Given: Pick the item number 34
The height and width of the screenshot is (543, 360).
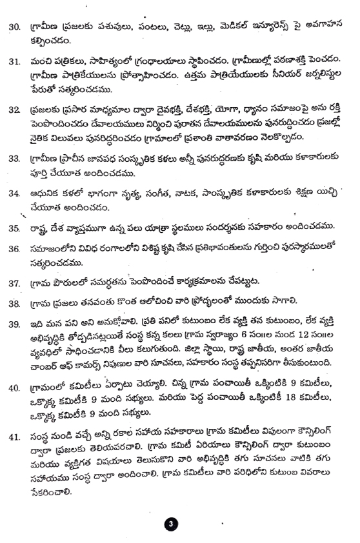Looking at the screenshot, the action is point(14,193).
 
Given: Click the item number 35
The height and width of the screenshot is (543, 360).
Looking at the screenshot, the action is point(14,228).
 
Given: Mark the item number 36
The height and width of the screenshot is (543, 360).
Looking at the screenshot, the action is point(14,248).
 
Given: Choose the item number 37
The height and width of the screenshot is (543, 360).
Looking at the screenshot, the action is point(14,282).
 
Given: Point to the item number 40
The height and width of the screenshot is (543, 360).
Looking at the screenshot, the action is point(14,389).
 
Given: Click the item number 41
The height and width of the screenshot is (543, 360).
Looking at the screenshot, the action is point(14,439).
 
